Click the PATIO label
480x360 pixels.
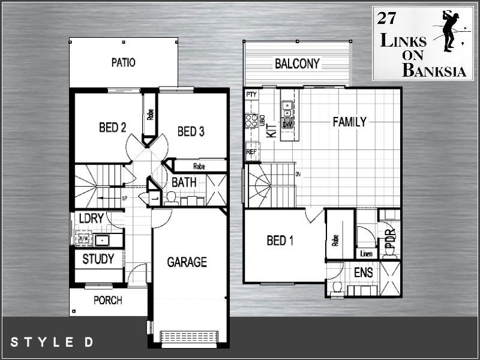click(x=123, y=62)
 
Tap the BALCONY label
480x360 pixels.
click(x=297, y=64)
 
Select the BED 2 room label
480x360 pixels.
click(x=112, y=127)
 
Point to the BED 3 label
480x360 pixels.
click(x=191, y=131)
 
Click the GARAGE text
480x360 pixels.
click(x=187, y=262)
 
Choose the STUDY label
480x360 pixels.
click(x=98, y=260)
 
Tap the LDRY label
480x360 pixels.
click(x=91, y=220)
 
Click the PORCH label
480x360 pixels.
click(x=108, y=300)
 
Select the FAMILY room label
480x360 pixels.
click(x=349, y=122)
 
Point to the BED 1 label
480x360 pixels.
click(x=280, y=241)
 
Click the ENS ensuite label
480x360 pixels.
click(x=363, y=273)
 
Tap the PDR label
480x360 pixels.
click(x=389, y=238)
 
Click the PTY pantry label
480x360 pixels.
click(x=251, y=94)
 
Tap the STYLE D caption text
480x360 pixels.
click(x=52, y=343)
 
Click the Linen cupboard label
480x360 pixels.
click(x=365, y=253)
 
